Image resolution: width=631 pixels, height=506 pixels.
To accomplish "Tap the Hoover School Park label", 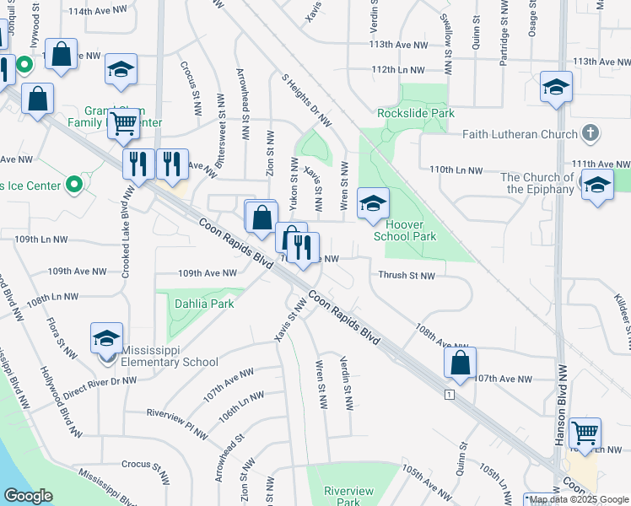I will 411,230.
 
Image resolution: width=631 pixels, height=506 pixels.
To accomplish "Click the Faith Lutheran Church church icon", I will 591,133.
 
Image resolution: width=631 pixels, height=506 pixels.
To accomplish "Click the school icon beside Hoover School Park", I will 373,202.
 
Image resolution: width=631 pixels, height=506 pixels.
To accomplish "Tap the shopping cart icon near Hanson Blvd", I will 584,433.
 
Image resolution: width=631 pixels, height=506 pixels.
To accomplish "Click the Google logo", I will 28,496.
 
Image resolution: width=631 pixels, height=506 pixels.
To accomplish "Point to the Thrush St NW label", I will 407,276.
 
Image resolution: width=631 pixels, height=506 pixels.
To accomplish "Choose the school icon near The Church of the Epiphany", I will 597,186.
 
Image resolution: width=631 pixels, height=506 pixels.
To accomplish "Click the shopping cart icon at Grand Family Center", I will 124,123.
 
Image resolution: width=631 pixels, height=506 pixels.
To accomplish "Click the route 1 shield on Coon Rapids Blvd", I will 451,394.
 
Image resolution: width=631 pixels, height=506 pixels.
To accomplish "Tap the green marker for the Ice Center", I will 73,182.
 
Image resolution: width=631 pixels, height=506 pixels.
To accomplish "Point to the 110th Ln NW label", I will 456,170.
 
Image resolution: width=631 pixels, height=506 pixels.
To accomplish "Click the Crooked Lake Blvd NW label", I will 128,223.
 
